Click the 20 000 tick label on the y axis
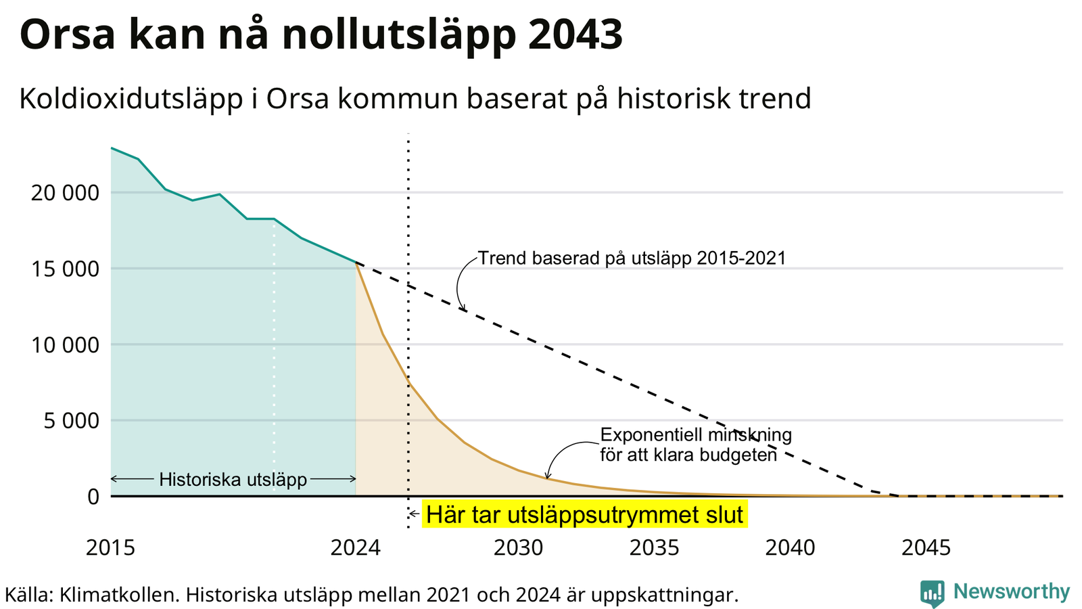coord(65,194)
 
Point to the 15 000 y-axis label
coord(65,269)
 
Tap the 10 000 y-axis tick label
coord(65,345)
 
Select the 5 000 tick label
coord(72,421)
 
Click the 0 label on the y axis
coord(94,497)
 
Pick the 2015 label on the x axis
coord(111,547)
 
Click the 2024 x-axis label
coord(356,547)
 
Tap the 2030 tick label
coord(519,547)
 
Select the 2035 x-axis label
coord(655,547)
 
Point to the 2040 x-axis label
coord(791,547)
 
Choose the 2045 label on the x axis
coord(926,547)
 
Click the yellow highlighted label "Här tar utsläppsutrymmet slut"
coord(584,514)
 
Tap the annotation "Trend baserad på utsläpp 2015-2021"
coord(632,258)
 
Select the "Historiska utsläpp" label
coord(233,480)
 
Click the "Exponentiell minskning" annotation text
coord(696,435)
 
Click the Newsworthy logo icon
coord(933,593)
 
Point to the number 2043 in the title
coord(575,35)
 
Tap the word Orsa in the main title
coord(68,35)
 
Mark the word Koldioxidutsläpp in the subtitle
coord(131,99)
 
